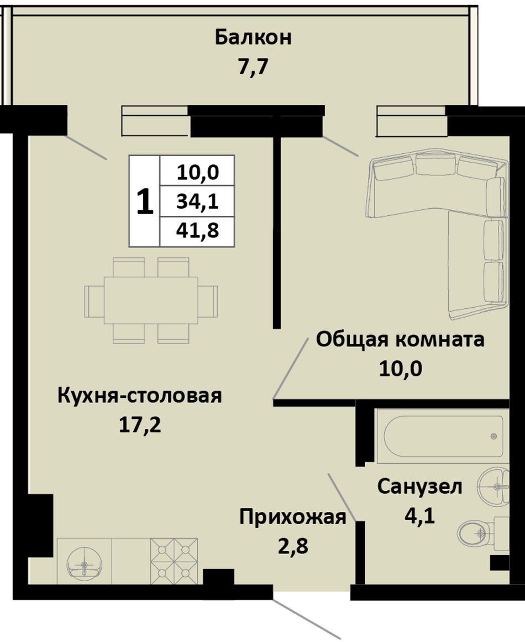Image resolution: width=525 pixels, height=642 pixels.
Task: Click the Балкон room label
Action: (253, 37)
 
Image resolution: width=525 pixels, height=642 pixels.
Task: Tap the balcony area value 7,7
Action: (253, 67)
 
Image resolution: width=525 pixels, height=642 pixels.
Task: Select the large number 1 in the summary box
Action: (145, 202)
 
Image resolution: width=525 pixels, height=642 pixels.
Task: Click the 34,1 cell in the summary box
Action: (197, 201)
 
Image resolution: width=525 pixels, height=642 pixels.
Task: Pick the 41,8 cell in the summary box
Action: (197, 231)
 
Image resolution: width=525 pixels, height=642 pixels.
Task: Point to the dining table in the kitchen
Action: (151, 300)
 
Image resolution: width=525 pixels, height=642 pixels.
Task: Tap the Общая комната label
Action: (400, 340)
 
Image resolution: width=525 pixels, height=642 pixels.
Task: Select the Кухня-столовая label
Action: (139, 396)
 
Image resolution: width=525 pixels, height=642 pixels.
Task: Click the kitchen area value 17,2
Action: (140, 426)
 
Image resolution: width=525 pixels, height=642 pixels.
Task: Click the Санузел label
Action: (419, 487)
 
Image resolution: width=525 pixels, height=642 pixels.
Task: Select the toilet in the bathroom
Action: (482, 532)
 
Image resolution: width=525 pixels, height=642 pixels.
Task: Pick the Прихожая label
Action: (293, 517)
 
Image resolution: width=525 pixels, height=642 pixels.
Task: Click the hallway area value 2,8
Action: (293, 546)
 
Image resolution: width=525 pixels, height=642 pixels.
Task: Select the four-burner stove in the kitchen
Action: (174, 561)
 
